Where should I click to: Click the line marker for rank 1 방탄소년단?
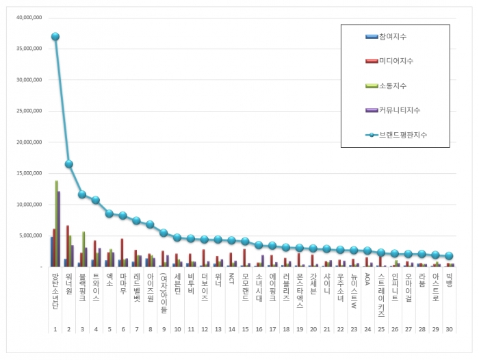coord(55,37)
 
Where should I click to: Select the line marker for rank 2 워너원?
coord(69,164)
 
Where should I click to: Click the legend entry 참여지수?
coord(393,36)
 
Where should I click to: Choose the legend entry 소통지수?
coord(393,86)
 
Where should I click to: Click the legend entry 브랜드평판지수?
coord(403,134)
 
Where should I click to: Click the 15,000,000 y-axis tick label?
coord(27,173)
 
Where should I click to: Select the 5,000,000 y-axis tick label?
coord(29,235)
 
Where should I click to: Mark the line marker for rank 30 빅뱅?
coord(448,255)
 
